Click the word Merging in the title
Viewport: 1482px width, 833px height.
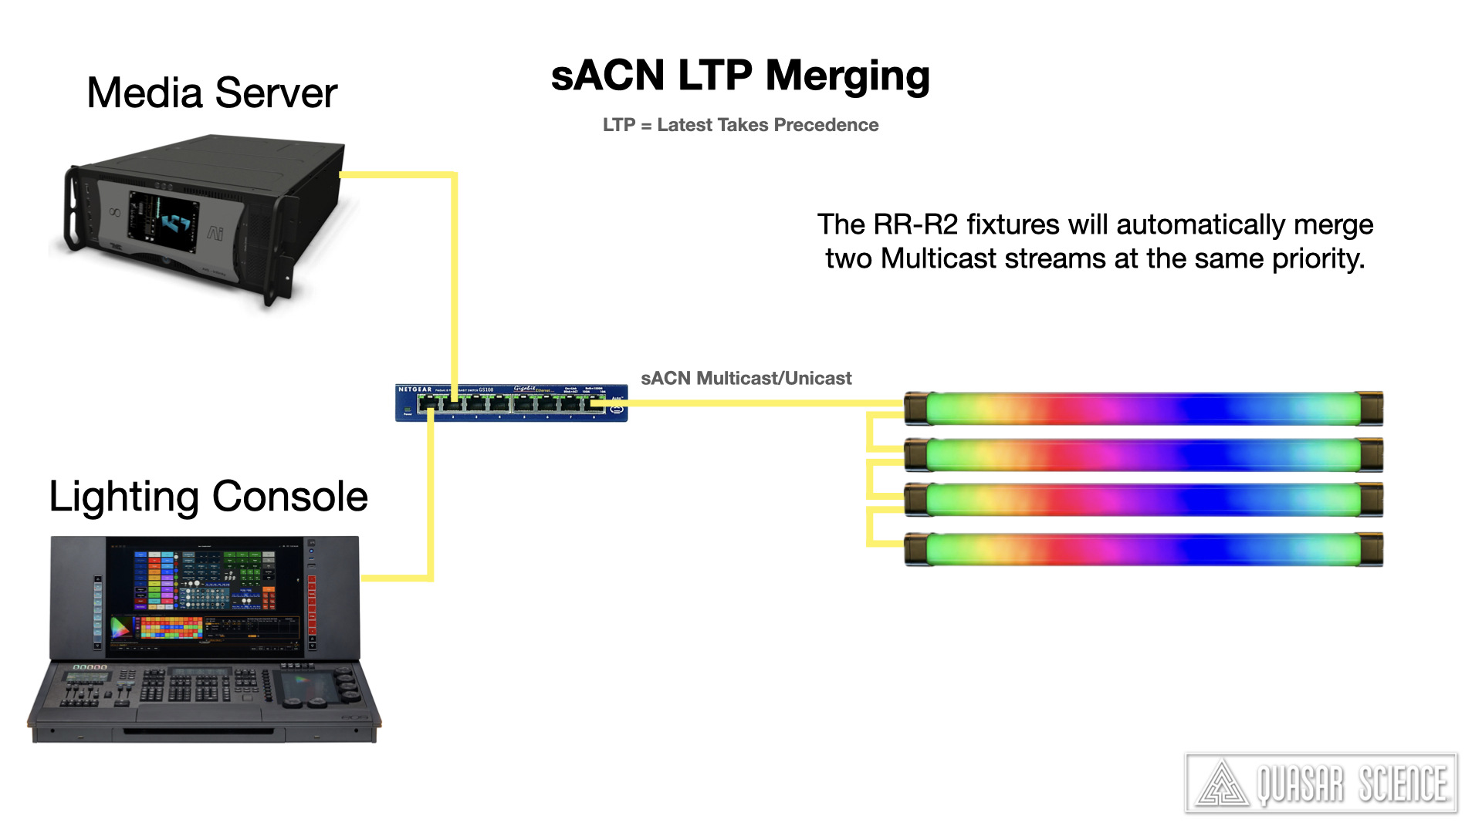tap(847, 76)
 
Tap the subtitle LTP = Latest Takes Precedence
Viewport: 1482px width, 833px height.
tap(740, 125)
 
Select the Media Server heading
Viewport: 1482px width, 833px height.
tap(211, 93)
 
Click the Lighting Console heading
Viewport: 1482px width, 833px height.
tap(208, 496)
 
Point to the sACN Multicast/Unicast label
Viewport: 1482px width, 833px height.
tap(746, 378)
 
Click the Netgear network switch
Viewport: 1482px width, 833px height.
tap(511, 403)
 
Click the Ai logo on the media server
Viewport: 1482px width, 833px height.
tap(215, 232)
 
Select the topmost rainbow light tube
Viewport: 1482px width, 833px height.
tap(1142, 409)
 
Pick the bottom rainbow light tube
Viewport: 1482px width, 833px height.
tap(1142, 549)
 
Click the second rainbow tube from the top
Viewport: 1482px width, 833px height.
tap(1142, 455)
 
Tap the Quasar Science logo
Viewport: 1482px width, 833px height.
tap(1321, 784)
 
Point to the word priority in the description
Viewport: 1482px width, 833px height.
tap(1318, 258)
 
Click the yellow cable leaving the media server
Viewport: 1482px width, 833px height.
tap(455, 270)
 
